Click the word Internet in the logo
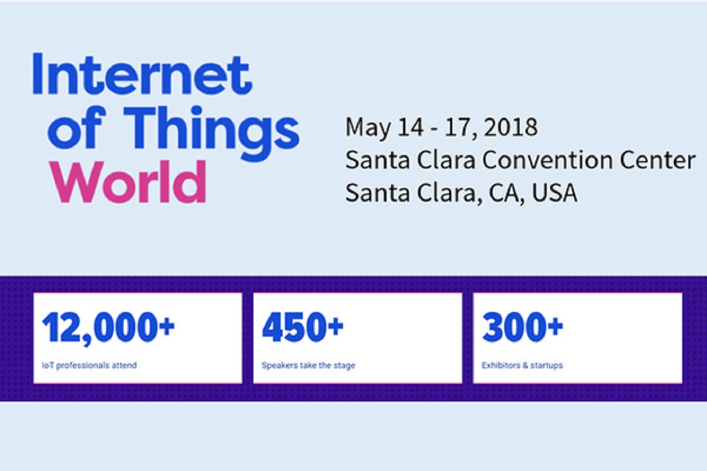[x=142, y=73]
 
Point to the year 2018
[x=510, y=127]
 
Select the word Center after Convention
[x=657, y=160]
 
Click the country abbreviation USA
[x=555, y=193]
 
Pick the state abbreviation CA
[x=507, y=193]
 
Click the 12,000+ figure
[x=108, y=328]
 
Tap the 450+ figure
[x=302, y=327]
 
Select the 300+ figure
[x=523, y=327]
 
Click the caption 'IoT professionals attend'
[x=89, y=366]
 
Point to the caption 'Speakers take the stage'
[x=308, y=366]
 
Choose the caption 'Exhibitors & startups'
[x=523, y=366]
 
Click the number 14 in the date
[x=410, y=127]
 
